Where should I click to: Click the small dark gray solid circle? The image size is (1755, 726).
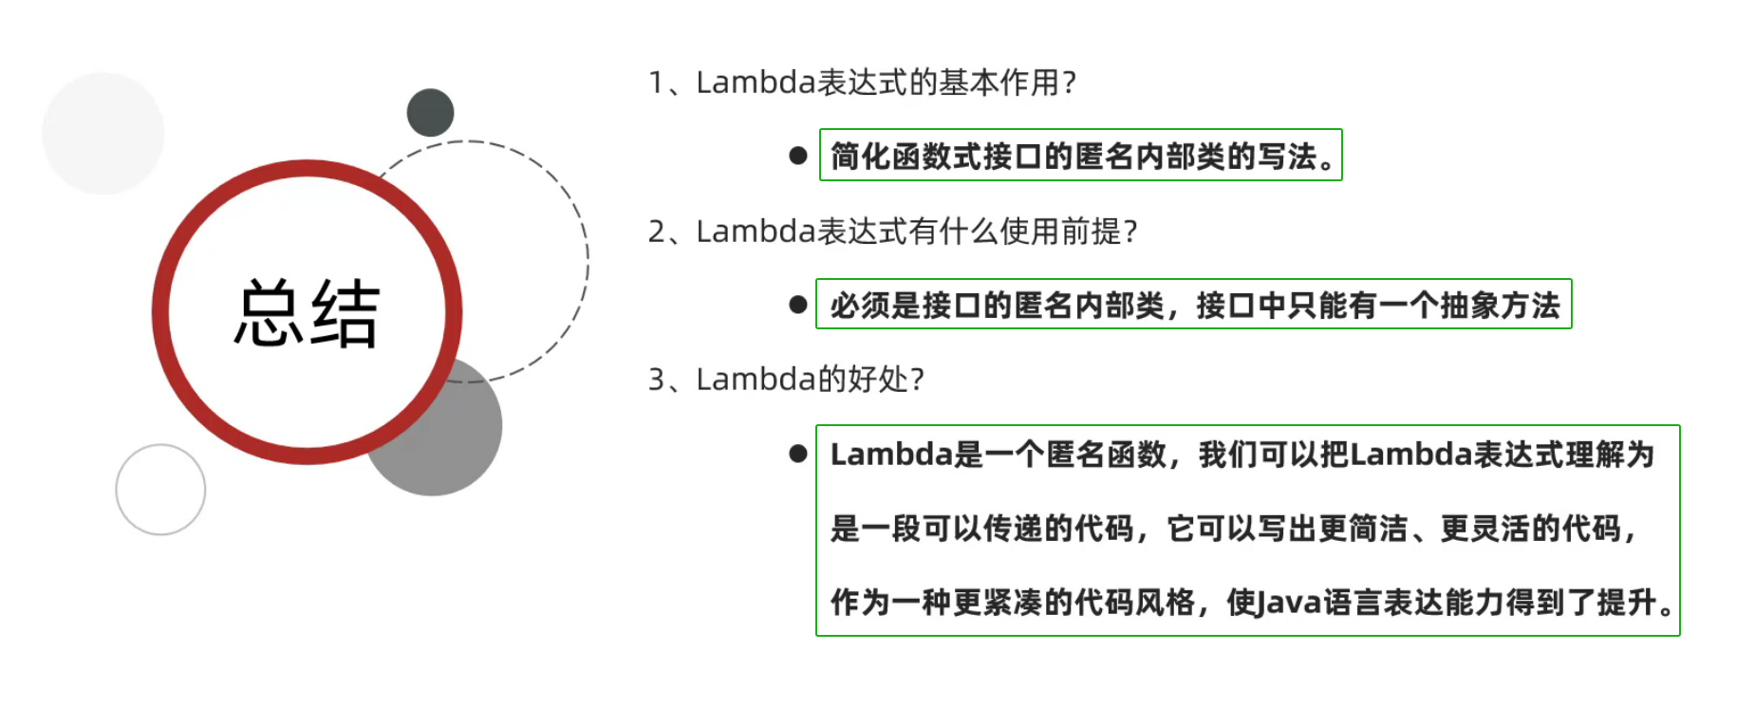click(430, 112)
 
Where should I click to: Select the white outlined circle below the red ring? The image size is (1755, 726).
click(160, 490)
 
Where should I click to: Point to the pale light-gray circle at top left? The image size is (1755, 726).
click(103, 133)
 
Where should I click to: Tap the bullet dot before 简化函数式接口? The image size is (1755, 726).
click(798, 156)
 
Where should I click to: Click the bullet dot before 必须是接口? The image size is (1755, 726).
click(798, 305)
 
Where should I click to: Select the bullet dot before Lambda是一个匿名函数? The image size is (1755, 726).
click(798, 455)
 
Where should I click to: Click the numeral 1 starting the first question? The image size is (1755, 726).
click(656, 84)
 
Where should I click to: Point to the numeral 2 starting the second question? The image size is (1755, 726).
click(657, 232)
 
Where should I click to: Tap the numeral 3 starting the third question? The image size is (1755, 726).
click(657, 380)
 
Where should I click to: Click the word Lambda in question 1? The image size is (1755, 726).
click(756, 83)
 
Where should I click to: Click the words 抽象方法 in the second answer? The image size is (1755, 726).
click(1500, 306)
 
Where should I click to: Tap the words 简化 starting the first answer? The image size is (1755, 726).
click(861, 157)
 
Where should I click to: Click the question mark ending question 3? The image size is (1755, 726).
click(917, 380)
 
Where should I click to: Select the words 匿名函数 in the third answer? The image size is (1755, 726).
click(1107, 455)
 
